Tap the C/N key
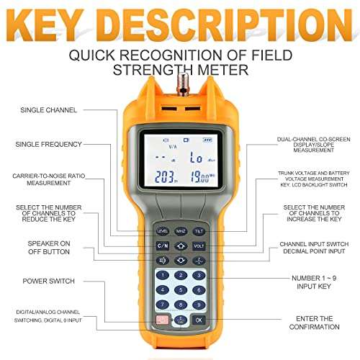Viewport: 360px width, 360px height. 163,246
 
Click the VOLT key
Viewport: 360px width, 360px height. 199,246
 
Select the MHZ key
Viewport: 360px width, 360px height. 181,230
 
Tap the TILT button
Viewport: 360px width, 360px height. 199,230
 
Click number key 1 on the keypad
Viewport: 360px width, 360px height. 163,275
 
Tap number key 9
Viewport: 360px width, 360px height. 199,303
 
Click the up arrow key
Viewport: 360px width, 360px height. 181,246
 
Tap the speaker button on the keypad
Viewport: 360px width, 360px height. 163,260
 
